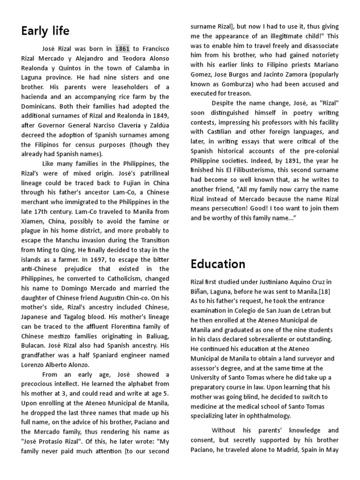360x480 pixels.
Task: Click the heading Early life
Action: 45,31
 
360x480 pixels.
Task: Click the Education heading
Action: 218,264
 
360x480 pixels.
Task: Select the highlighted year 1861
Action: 122,48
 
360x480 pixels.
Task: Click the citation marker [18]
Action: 327,291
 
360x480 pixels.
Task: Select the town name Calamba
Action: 143,67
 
